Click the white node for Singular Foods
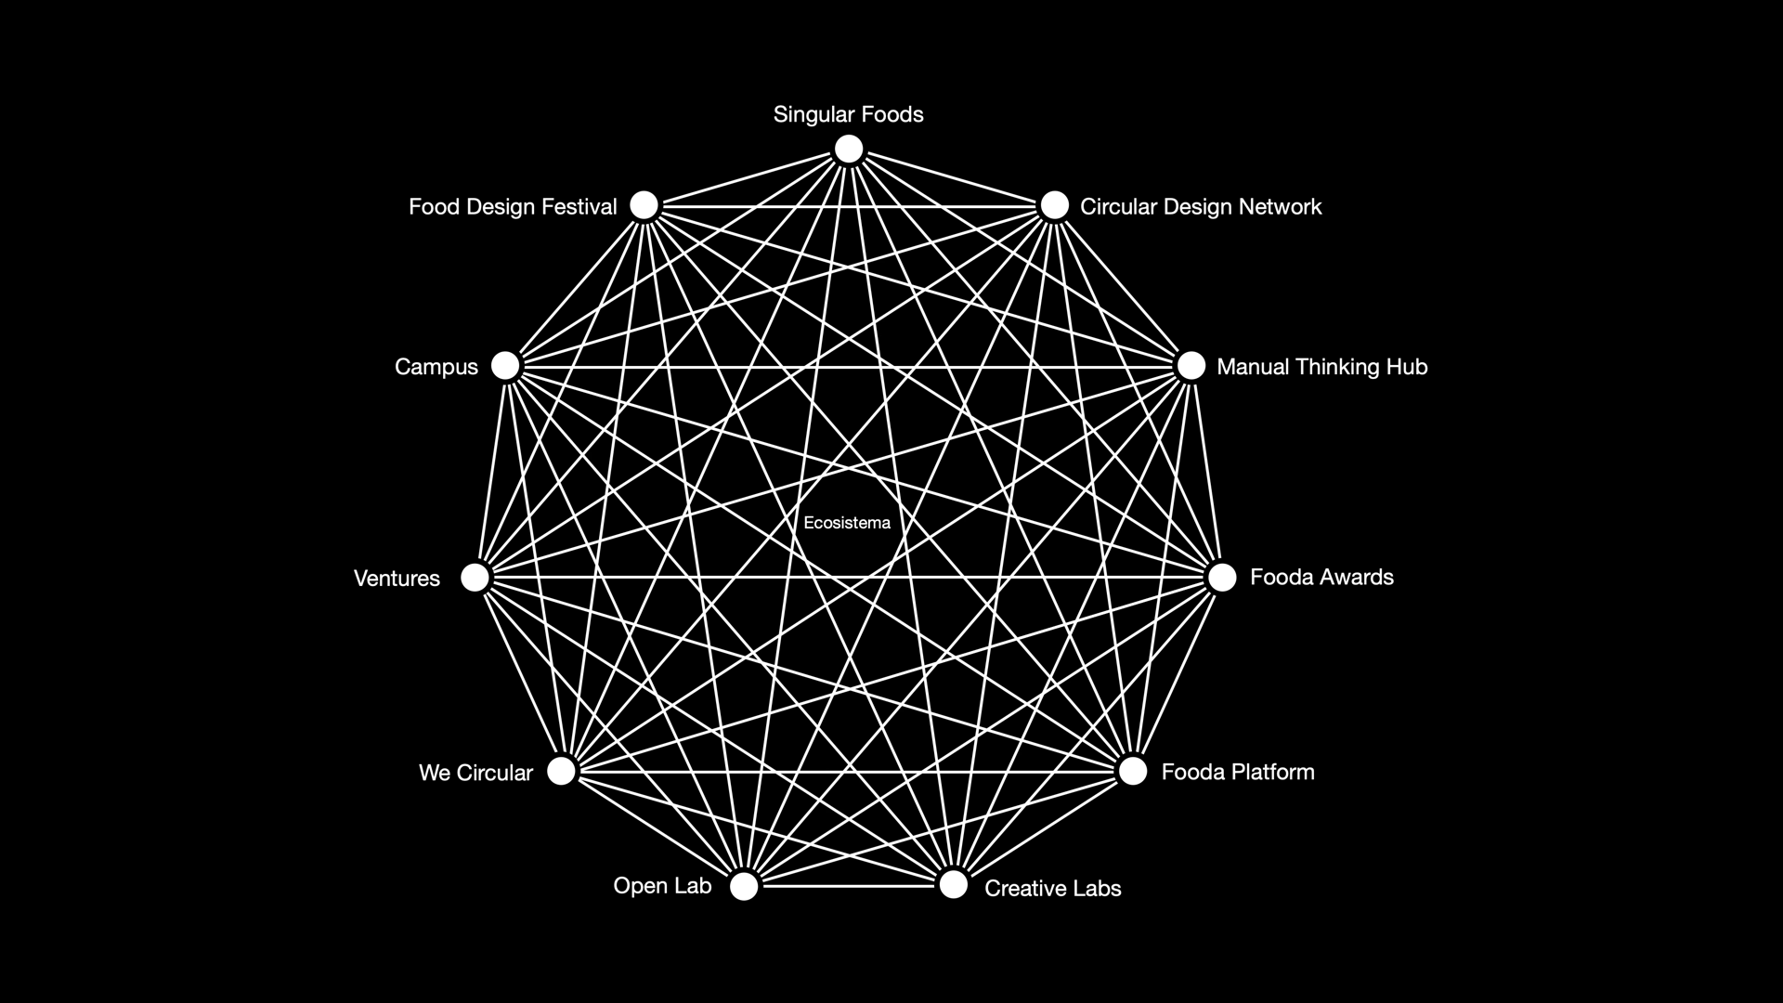pyautogui.click(x=849, y=149)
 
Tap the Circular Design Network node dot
pyautogui.click(x=1054, y=205)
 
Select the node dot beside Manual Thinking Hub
pyautogui.click(x=1191, y=366)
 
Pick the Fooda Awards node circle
pyautogui.click(x=1222, y=578)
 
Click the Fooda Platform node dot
pyautogui.click(x=1133, y=771)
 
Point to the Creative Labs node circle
pyautogui.click(x=954, y=884)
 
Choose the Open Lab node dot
pyautogui.click(x=744, y=886)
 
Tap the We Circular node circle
pyautogui.click(x=561, y=771)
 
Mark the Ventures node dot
pyautogui.click(x=475, y=578)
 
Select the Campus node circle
pyautogui.click(x=505, y=366)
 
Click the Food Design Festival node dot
pyautogui.click(x=644, y=205)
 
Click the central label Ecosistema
pyautogui.click(x=847, y=523)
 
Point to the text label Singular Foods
pyautogui.click(x=848, y=114)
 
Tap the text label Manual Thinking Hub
pyautogui.click(x=1321, y=367)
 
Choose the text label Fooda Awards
pyautogui.click(x=1321, y=578)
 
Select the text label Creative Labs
pyautogui.click(x=1052, y=889)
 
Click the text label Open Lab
pyautogui.click(x=662, y=886)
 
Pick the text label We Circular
pyautogui.click(x=475, y=773)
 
